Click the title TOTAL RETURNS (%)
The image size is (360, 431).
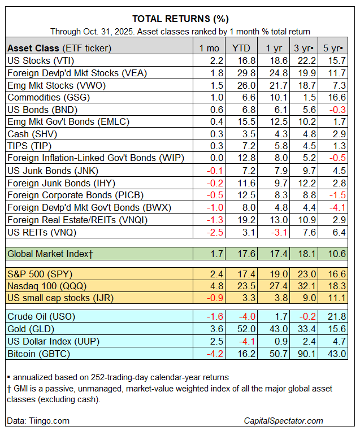(180, 18)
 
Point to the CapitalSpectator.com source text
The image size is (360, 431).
(283, 420)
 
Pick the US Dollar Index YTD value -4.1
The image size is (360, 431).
(240, 341)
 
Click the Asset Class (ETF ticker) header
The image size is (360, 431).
(59, 47)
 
